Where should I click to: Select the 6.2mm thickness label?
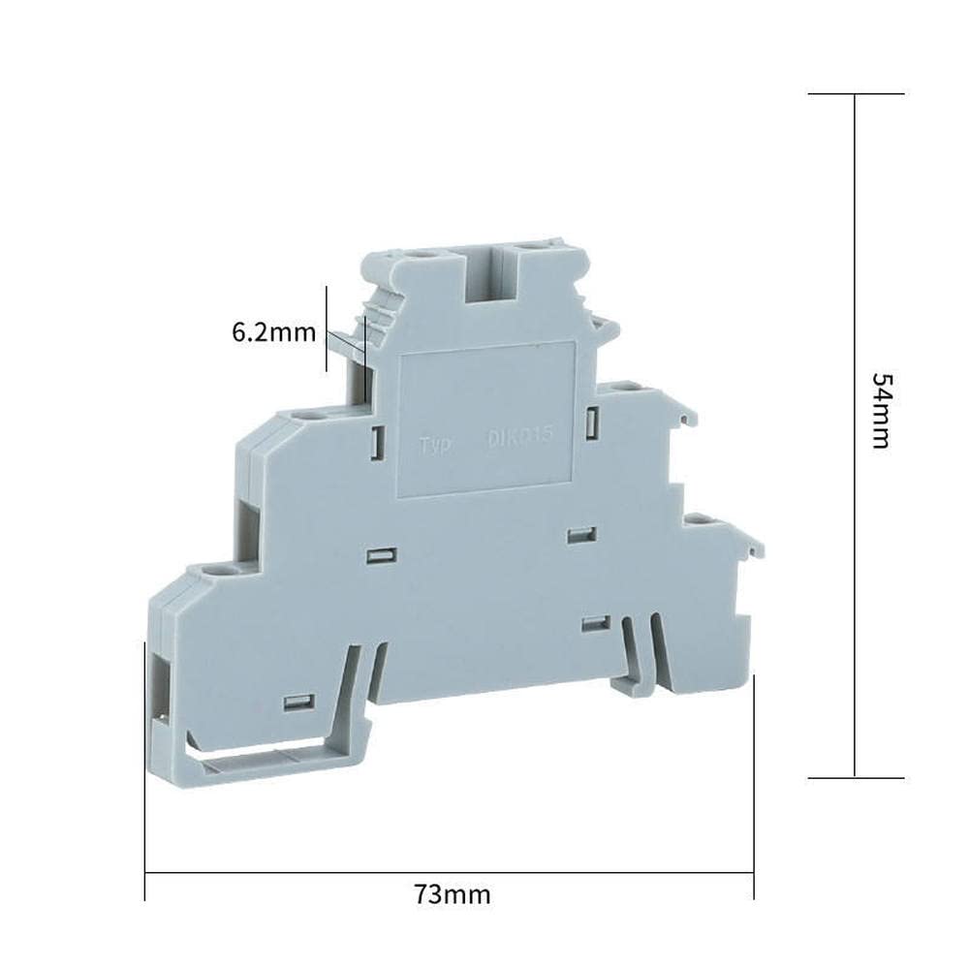pos(273,332)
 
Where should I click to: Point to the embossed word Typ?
pos(436,445)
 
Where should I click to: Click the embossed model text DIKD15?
pos(518,438)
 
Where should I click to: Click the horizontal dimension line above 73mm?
pos(449,872)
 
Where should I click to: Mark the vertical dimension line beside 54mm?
pos(855,581)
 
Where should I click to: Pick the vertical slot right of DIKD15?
pos(590,422)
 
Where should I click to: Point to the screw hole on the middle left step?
pos(310,416)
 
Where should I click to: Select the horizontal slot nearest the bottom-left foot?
pos(298,701)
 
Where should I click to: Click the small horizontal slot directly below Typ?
pos(382,555)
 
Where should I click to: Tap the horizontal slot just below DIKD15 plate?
pos(580,534)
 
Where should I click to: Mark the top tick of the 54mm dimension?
pos(855,94)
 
